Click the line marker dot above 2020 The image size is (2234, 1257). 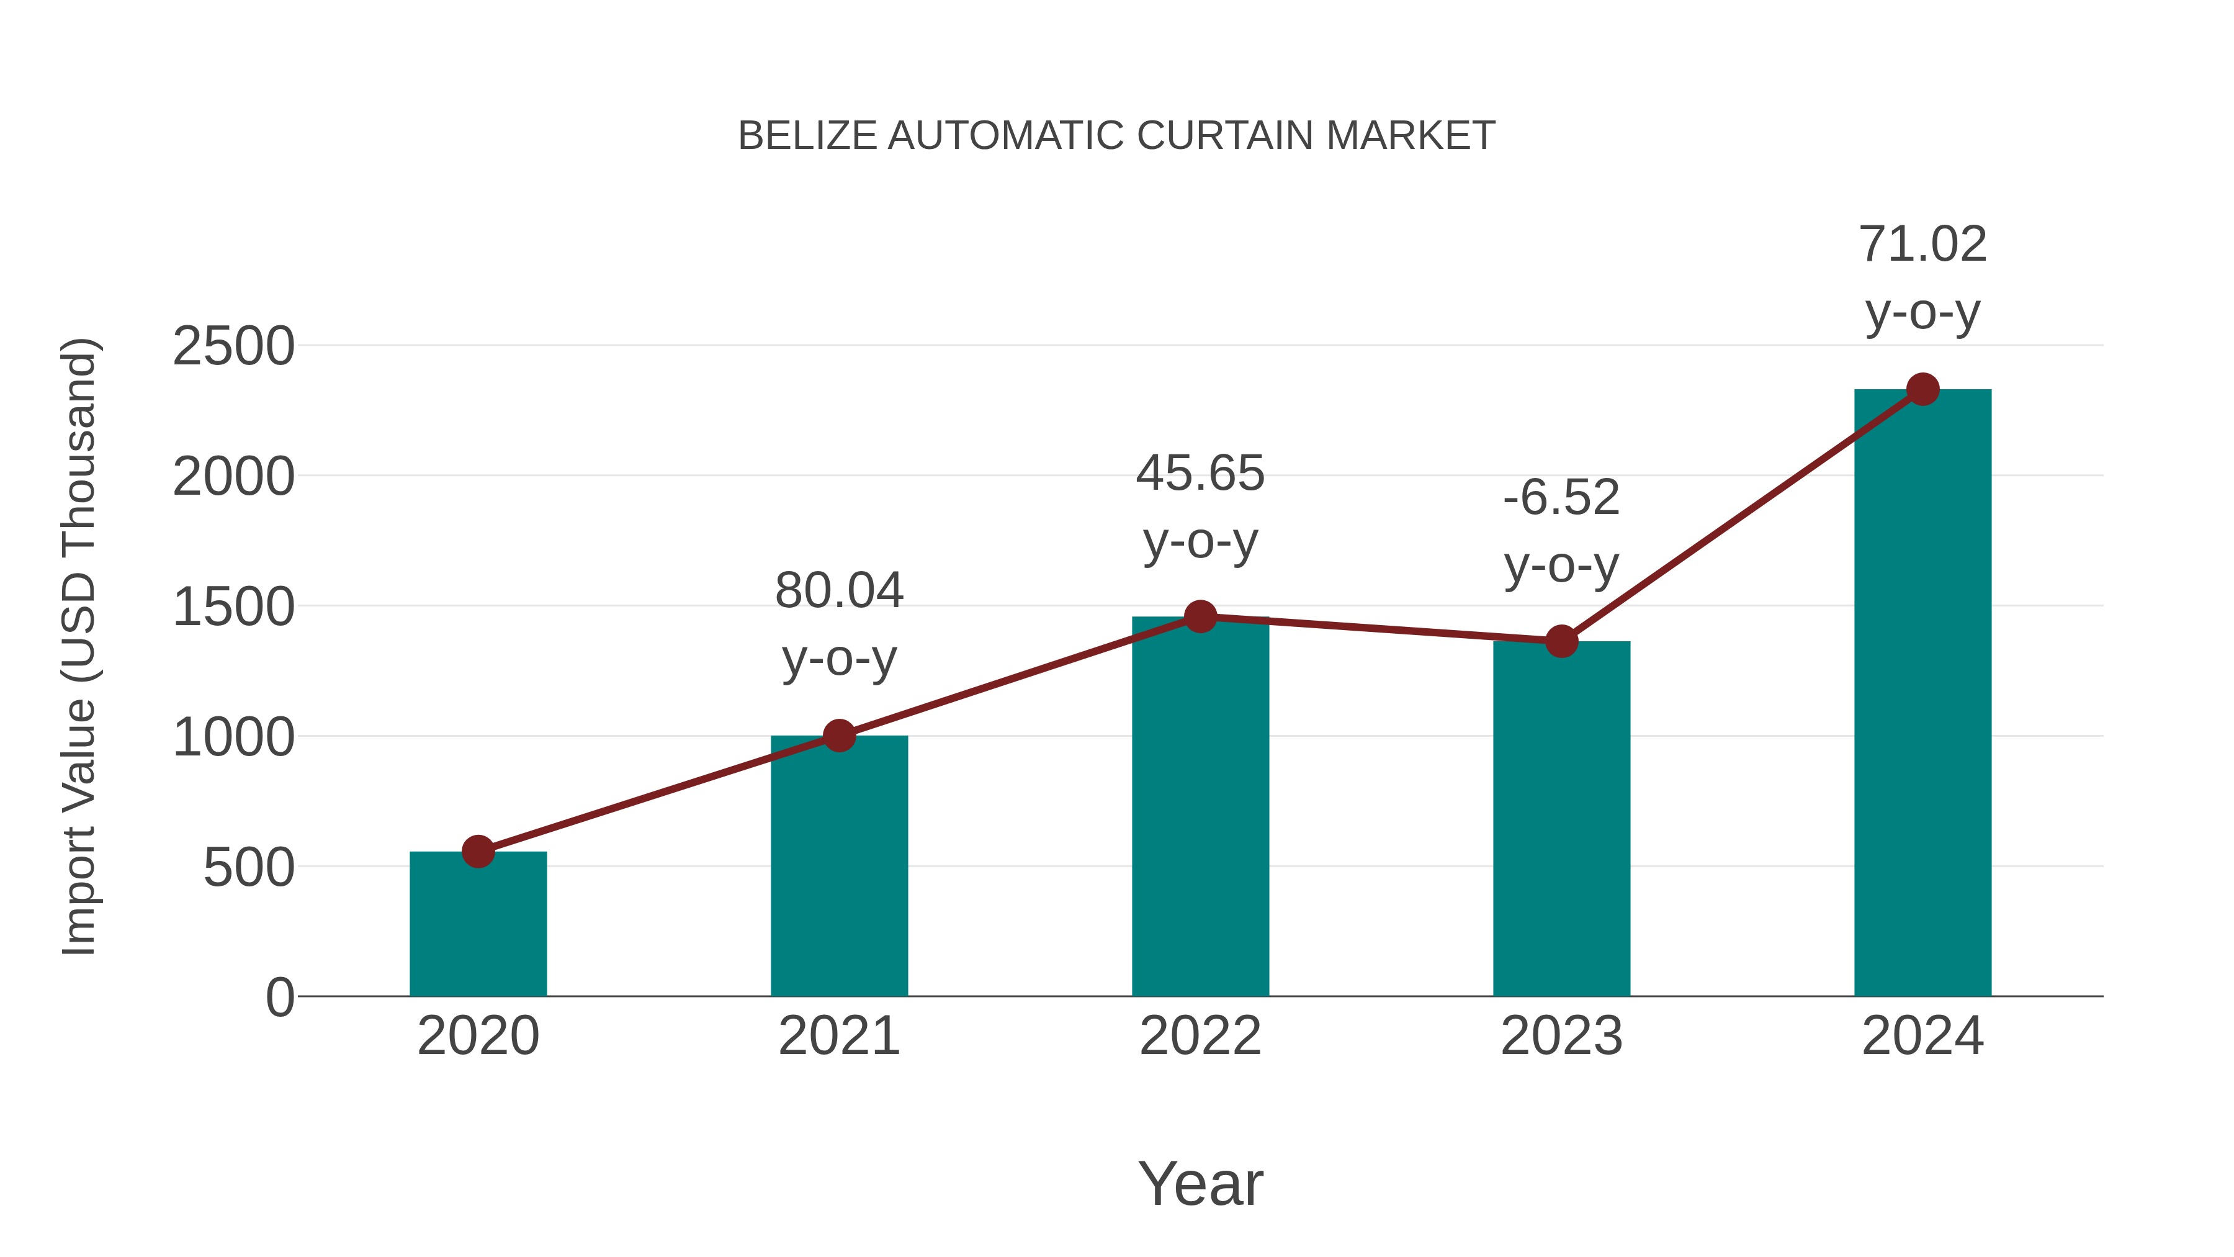(x=478, y=852)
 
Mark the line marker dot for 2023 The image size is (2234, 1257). (x=1561, y=642)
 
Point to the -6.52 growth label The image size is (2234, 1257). (x=1561, y=498)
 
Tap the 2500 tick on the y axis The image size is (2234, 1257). (x=233, y=346)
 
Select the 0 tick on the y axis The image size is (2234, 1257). (x=279, y=997)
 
